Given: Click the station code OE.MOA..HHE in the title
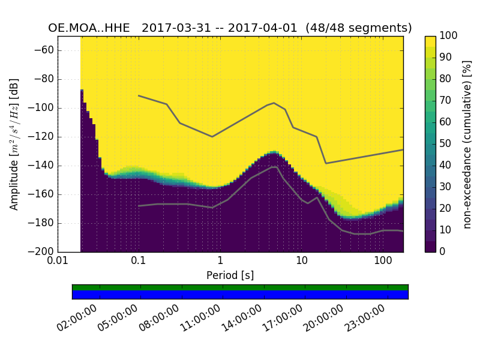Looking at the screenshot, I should click(90, 28).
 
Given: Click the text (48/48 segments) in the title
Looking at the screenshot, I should click(358, 28).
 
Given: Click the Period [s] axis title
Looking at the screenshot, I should click(230, 275).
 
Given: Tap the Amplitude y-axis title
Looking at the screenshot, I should click(14, 144).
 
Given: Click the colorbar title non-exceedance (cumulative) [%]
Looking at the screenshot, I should click(467, 144).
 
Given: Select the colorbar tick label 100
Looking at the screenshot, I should click(449, 36).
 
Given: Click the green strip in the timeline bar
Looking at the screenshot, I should click(240, 287).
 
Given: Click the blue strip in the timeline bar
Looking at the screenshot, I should click(240, 295).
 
